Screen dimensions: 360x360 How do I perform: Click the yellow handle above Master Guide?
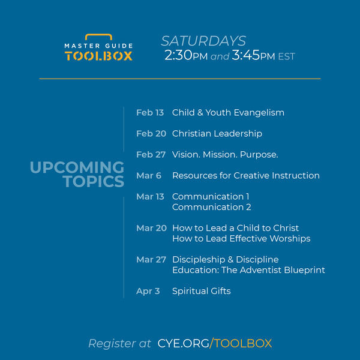98,35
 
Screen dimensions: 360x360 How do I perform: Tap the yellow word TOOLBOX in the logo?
98,56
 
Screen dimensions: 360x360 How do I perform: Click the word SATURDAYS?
203,41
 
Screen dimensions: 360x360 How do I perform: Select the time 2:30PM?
186,55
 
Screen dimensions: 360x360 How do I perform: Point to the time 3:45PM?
253,55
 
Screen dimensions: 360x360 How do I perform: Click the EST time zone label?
287,56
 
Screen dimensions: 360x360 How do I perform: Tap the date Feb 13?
150,113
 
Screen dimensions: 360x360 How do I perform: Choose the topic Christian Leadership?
217,134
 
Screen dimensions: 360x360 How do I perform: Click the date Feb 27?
151,155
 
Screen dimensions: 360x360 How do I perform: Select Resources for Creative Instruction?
246,176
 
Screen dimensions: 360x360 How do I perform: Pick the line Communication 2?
211,207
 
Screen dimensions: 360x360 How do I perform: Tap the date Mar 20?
151,228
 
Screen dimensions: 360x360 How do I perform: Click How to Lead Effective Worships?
241,239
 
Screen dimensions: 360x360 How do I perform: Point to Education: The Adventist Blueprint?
248,270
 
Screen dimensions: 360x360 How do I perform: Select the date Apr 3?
148,292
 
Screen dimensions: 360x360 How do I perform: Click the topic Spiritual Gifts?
202,291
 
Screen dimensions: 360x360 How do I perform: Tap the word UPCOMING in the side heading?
77,167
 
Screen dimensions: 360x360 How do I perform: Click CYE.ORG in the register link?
183,343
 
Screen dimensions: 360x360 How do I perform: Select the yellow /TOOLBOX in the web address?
241,343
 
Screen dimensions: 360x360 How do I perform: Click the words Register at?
119,344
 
